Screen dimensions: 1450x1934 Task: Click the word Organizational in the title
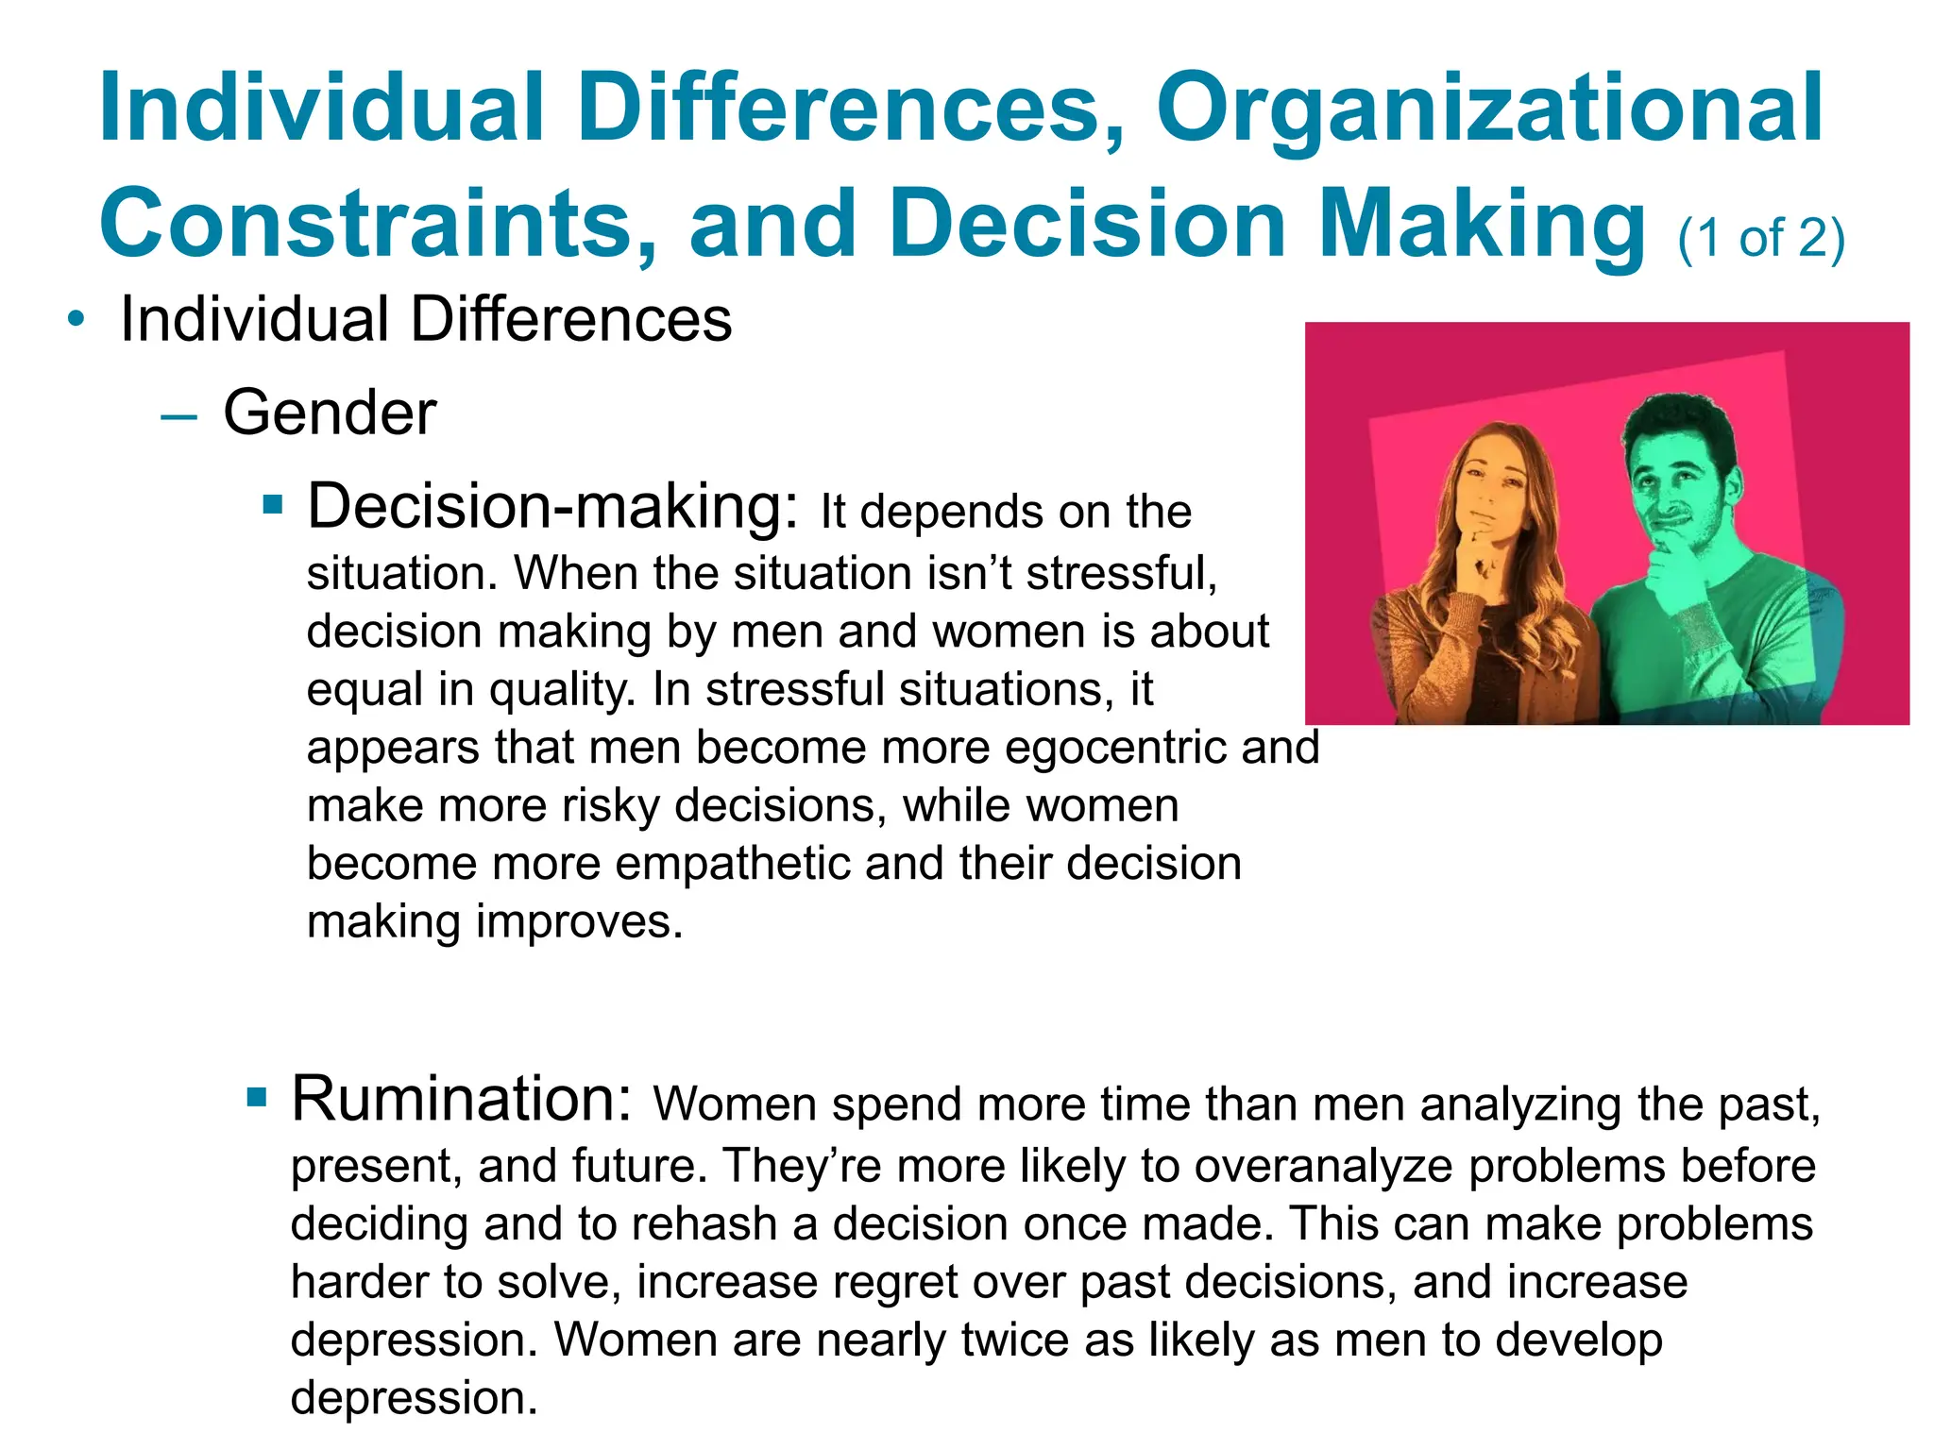(1489, 111)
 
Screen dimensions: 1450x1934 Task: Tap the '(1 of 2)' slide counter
(1760, 238)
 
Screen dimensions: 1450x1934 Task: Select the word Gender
(330, 413)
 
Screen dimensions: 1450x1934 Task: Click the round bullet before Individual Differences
(76, 320)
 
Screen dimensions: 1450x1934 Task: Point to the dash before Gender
(178, 415)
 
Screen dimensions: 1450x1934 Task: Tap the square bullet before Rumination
(256, 1098)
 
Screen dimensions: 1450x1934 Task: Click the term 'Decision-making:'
(554, 508)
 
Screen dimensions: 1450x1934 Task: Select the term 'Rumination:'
(461, 1100)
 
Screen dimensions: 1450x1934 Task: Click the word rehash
(704, 1224)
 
